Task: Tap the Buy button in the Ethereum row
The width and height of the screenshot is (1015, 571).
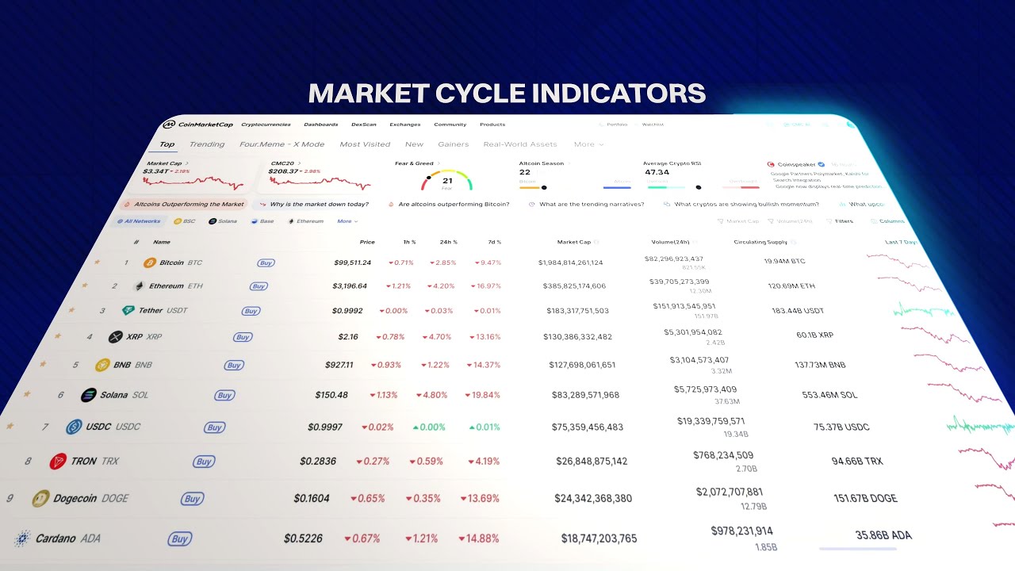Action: tap(259, 286)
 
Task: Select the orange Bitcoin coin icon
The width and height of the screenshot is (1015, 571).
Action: tap(149, 263)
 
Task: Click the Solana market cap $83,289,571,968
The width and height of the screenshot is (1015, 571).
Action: tap(585, 395)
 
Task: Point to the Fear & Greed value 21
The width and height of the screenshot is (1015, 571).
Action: tap(447, 181)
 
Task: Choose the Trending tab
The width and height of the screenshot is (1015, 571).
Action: tap(207, 144)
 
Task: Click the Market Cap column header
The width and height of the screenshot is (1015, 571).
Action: tap(574, 242)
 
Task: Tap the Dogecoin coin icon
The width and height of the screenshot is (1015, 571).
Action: tap(40, 498)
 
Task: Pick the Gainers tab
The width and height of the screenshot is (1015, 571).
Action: tap(453, 144)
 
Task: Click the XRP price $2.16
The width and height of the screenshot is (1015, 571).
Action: tap(348, 337)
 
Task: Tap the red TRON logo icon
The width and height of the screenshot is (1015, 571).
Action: tap(58, 462)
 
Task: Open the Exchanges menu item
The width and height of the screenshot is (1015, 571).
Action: tap(404, 125)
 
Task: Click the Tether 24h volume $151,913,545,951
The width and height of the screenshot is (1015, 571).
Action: tap(684, 306)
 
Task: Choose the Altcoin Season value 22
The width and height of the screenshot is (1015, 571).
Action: tap(525, 172)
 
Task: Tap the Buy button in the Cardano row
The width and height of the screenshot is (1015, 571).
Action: tap(180, 539)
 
